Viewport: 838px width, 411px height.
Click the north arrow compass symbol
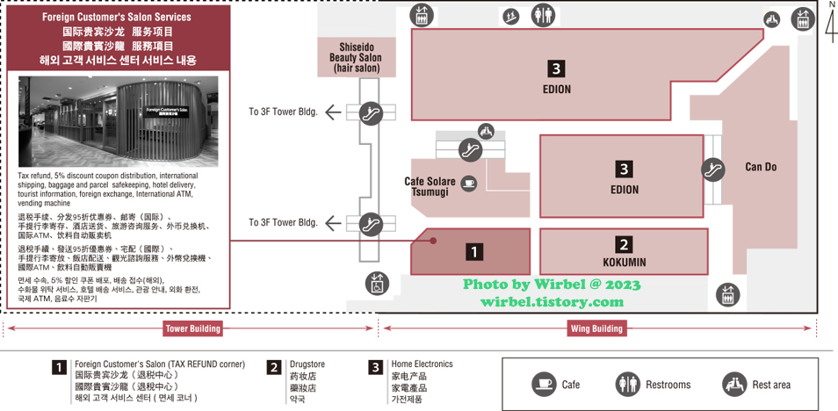click(830, 24)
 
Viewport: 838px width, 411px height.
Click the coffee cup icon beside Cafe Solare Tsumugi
click(468, 184)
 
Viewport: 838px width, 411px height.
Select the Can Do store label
click(761, 167)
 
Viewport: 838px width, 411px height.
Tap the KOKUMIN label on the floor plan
click(624, 262)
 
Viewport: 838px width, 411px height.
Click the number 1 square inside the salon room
click(474, 252)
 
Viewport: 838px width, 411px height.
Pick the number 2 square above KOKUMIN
click(624, 245)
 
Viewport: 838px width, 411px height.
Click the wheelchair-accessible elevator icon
click(375, 283)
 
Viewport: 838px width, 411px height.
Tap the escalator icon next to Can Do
click(712, 167)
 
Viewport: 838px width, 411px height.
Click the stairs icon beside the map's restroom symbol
click(510, 15)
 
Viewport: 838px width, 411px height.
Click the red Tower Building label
click(193, 328)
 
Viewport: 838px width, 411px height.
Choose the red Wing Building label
click(596, 328)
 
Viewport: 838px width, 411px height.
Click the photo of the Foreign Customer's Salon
click(118, 120)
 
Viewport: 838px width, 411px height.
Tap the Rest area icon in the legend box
click(734, 385)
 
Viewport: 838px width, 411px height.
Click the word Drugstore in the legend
click(308, 364)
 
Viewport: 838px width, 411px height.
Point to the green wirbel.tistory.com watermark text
click(552, 301)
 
